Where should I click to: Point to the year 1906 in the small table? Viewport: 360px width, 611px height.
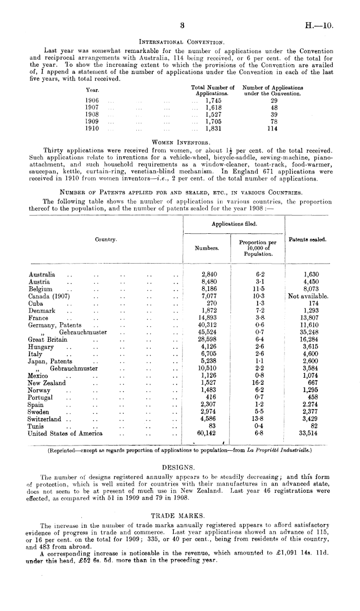click(93, 100)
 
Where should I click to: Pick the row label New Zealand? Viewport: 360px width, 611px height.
click(47, 383)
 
